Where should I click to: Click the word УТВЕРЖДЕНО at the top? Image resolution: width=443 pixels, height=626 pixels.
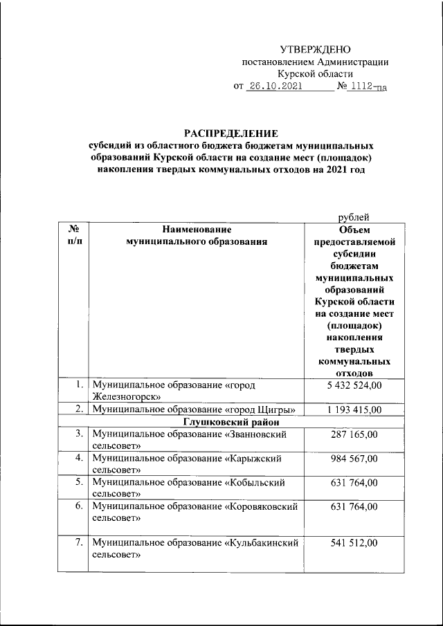(x=315, y=49)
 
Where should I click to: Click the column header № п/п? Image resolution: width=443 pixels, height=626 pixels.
(x=72, y=236)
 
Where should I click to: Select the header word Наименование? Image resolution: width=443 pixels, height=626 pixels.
(x=197, y=230)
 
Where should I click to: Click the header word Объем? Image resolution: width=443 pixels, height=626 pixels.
(x=355, y=230)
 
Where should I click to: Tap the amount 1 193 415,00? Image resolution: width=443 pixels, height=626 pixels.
(x=354, y=409)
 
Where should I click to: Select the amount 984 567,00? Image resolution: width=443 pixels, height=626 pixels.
(x=354, y=459)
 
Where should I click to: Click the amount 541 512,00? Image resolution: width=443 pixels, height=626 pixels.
(x=354, y=544)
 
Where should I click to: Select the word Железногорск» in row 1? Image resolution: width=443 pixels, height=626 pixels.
(x=127, y=397)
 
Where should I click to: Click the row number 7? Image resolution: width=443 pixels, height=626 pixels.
(x=79, y=544)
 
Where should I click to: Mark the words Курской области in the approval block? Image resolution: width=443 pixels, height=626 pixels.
(x=315, y=74)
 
